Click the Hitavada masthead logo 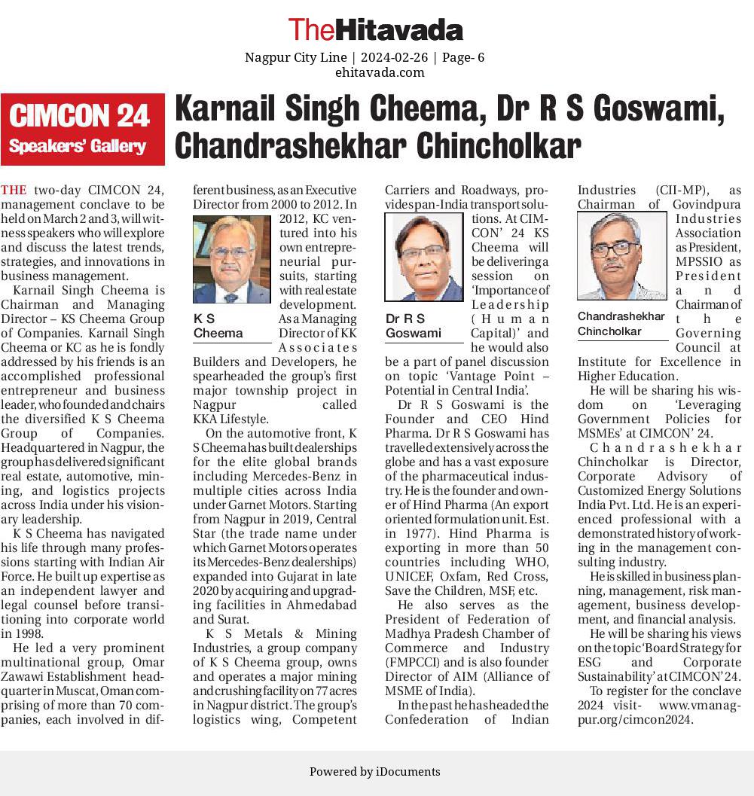pyautogui.click(x=376, y=29)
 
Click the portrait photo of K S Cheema pyautogui.click(x=230, y=259)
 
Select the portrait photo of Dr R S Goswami pyautogui.click(x=424, y=257)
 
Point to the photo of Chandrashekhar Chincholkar pyautogui.click(x=621, y=255)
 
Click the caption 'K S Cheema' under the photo pyautogui.click(x=218, y=326)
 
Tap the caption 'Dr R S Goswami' pyautogui.click(x=414, y=326)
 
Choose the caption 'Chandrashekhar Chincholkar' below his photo pyautogui.click(x=621, y=324)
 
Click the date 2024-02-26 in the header pyautogui.click(x=394, y=57)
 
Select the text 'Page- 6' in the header pyautogui.click(x=463, y=57)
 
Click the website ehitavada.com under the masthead pyautogui.click(x=380, y=72)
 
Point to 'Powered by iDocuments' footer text pyautogui.click(x=374, y=771)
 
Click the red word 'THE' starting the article pyautogui.click(x=14, y=190)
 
